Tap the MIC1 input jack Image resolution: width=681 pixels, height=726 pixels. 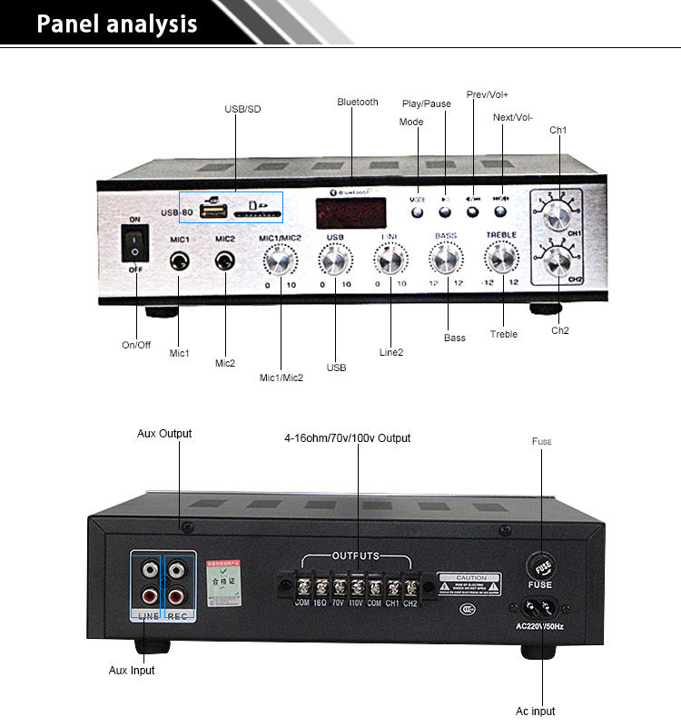[x=180, y=261]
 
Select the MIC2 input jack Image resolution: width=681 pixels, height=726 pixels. [x=225, y=261]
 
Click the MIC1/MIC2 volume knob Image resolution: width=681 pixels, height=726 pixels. [x=281, y=262]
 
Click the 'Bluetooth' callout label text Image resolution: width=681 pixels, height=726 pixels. [x=358, y=102]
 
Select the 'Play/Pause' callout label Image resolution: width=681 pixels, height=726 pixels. [x=427, y=103]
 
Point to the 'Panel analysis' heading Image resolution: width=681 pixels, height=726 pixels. [x=116, y=24]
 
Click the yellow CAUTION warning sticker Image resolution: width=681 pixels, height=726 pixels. [x=471, y=583]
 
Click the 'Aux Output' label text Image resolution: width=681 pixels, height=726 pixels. [x=164, y=434]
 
